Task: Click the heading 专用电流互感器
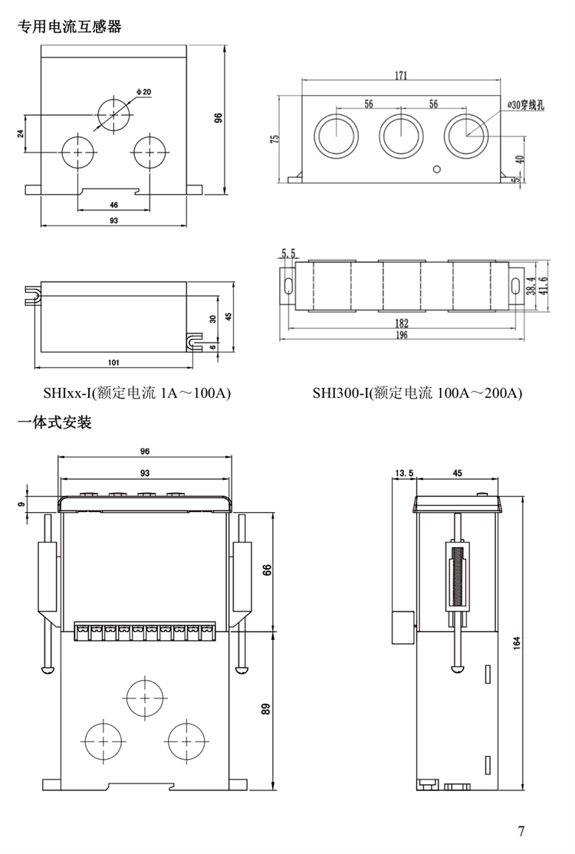click(x=70, y=27)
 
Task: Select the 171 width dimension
click(x=400, y=75)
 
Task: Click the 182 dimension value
click(x=402, y=323)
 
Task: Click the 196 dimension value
click(x=402, y=335)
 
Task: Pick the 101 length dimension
click(x=113, y=361)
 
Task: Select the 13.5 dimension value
click(x=403, y=473)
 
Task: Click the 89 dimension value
click(x=267, y=709)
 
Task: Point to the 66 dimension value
click(x=267, y=571)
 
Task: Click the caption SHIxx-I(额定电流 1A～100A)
click(x=138, y=394)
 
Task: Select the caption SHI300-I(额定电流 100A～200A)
click(x=417, y=394)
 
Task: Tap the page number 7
click(x=521, y=831)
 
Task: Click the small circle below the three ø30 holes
click(x=437, y=169)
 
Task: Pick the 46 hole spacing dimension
click(x=113, y=205)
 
